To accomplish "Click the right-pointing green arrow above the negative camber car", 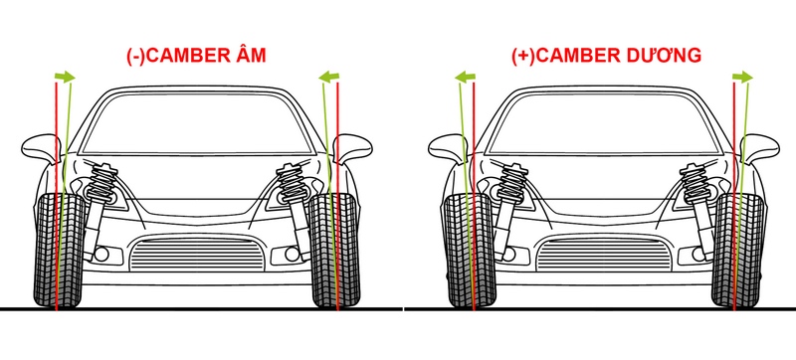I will pyautogui.click(x=65, y=76).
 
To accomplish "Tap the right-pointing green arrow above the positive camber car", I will pyautogui.click(x=742, y=76).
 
